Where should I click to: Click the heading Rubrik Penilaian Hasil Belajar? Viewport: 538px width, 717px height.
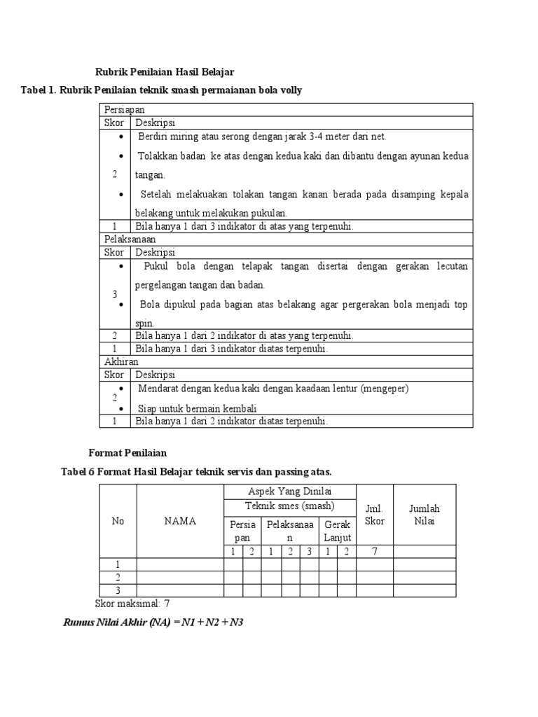(164, 72)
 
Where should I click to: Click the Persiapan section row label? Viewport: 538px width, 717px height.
(125, 111)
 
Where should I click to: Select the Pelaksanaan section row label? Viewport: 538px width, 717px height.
(130, 239)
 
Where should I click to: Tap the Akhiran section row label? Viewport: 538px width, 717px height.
(121, 362)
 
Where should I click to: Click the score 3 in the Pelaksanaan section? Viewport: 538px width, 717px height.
(114, 295)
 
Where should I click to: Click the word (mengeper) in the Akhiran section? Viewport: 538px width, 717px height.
(382, 389)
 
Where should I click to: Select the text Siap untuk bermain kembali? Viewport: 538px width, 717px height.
(197, 409)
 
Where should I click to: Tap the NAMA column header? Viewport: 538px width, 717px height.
(180, 521)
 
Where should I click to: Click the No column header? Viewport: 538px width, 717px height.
(117, 521)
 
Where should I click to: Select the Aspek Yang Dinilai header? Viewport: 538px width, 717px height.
(289, 492)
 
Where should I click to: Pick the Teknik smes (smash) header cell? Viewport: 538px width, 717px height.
(289, 506)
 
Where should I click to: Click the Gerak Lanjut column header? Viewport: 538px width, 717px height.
(337, 531)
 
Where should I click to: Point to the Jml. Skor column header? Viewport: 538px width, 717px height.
(375, 515)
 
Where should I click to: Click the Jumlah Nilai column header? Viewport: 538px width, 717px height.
(424, 515)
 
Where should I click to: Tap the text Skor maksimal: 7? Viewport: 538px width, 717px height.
(132, 604)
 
